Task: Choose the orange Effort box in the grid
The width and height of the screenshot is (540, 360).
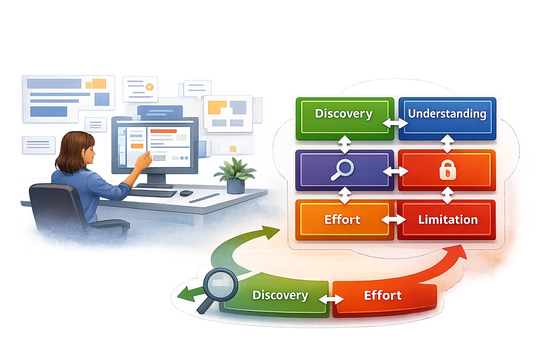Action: tap(343, 220)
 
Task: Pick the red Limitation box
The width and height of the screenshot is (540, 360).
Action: tap(448, 220)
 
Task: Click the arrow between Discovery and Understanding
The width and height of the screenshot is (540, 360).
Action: tap(395, 123)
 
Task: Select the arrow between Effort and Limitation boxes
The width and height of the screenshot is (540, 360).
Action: tap(394, 220)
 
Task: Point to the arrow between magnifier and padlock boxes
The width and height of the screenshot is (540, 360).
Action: tap(396, 172)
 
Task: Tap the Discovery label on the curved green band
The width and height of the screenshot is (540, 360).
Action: tap(280, 295)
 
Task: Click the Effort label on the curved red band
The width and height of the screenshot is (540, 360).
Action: tap(382, 295)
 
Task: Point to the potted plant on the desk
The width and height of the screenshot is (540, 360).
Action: tap(235, 174)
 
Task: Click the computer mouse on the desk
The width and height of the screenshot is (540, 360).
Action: tap(186, 193)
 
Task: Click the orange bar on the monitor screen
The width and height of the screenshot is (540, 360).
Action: tap(163, 131)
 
